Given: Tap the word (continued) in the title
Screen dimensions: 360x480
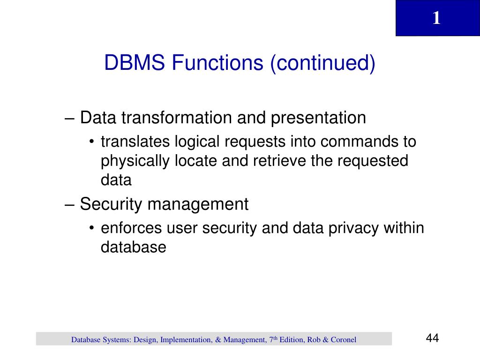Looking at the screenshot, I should (322, 63).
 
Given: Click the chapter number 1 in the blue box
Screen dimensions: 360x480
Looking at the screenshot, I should (436, 18).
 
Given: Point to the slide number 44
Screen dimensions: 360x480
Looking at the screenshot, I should (432, 338).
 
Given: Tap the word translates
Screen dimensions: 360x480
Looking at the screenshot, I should (136, 142).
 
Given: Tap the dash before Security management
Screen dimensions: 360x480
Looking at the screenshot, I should (69, 204).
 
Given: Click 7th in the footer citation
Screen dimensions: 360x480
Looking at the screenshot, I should (273, 339).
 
